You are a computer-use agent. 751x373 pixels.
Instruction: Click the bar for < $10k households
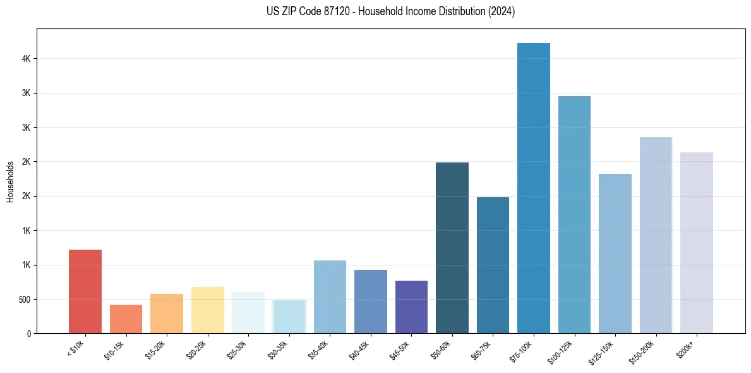tap(85, 291)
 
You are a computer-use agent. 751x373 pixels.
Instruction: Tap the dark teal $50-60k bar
tap(452, 248)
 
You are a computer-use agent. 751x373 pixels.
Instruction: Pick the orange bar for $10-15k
tap(126, 319)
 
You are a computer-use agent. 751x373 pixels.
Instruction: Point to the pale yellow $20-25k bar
tap(208, 310)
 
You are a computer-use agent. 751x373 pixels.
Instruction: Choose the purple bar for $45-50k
tap(411, 307)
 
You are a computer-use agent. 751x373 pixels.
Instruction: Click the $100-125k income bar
tap(574, 215)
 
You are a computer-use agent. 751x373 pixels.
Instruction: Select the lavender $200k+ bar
tap(697, 243)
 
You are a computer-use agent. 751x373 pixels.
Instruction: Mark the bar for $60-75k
tap(493, 266)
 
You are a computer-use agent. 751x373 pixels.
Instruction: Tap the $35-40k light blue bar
tap(330, 297)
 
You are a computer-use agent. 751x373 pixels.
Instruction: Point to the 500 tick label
tap(25, 300)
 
